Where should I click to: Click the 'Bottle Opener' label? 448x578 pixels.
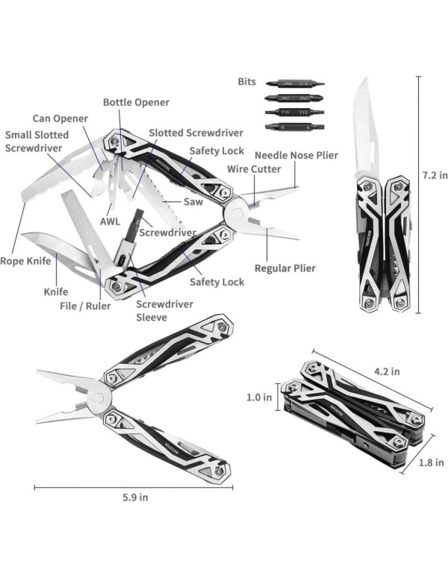click(x=136, y=102)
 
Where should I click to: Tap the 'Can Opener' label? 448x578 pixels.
click(x=60, y=119)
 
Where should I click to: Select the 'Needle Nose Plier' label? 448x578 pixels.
click(x=296, y=155)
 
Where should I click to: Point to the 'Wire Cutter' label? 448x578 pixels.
click(x=254, y=169)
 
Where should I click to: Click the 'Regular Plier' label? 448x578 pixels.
click(x=284, y=268)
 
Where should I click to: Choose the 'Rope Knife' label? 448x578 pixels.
click(x=25, y=261)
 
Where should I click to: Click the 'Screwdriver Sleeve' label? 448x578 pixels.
click(x=164, y=310)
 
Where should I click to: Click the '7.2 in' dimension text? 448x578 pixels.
click(x=435, y=176)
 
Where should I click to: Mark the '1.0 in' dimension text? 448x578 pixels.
click(x=259, y=398)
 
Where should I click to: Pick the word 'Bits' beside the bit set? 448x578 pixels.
click(x=246, y=81)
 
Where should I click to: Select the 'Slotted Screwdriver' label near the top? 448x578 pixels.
click(x=196, y=133)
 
